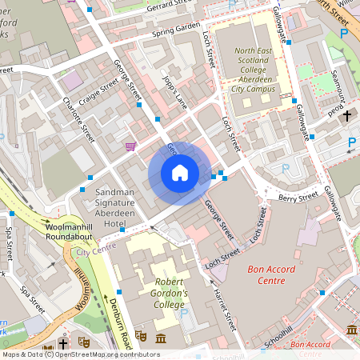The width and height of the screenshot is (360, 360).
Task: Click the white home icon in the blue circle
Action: (x=180, y=173)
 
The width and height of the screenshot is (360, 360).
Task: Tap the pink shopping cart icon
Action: (x=130, y=146)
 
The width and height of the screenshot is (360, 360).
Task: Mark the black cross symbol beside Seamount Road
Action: (x=347, y=117)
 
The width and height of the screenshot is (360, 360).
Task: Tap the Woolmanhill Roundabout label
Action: (x=38, y=232)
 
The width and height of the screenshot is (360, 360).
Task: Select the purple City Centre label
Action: (x=93, y=251)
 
